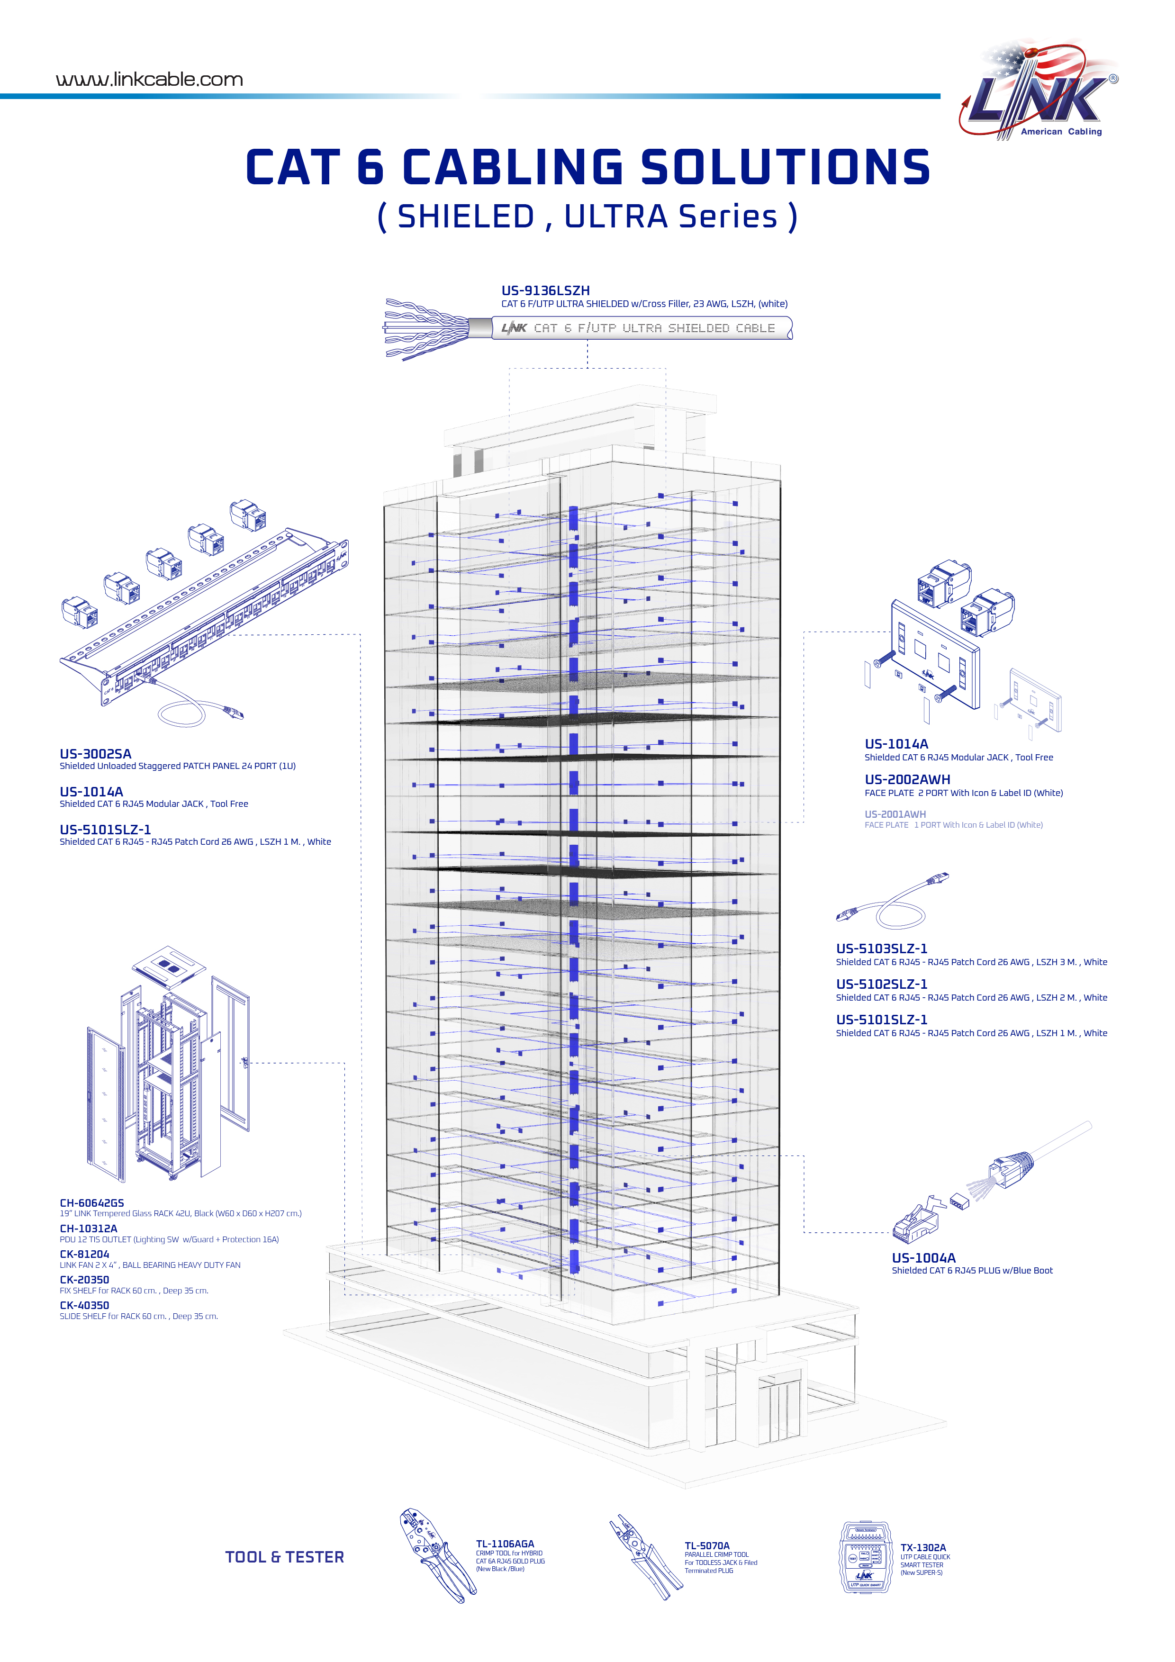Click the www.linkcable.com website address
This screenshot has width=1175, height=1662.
[x=149, y=80]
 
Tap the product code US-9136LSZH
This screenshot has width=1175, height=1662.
[x=545, y=290]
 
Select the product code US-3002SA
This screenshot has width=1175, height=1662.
[x=96, y=754]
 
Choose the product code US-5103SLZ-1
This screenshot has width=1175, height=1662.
[x=881, y=948]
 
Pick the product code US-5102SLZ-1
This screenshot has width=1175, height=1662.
[x=881, y=984]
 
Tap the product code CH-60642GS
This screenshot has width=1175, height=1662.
[x=92, y=1202]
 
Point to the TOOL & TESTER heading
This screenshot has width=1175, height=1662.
[x=285, y=1557]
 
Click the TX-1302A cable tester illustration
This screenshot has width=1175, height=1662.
[x=865, y=1556]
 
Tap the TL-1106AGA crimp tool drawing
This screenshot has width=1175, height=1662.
[x=436, y=1555]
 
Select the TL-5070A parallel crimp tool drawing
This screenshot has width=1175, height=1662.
[x=645, y=1556]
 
